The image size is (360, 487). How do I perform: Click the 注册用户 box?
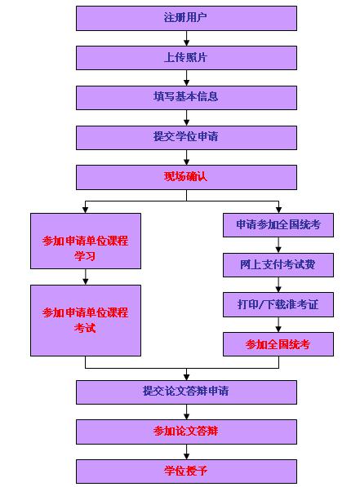[185, 18]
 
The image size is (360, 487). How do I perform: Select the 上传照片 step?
[185, 57]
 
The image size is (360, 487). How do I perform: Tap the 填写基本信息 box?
[185, 97]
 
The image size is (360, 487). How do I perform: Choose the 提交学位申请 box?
[185, 137]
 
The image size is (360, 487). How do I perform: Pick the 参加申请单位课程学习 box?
[85, 241]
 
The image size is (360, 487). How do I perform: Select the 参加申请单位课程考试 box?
[85, 320]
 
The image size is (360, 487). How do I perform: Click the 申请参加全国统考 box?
[278, 225]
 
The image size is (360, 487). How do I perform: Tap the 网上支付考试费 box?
[278, 265]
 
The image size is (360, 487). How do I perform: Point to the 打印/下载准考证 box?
[278, 305]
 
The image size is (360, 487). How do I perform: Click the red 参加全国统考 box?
[278, 344]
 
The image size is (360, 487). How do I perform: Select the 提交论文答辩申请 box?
[185, 392]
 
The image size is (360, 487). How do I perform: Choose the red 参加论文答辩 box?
[185, 432]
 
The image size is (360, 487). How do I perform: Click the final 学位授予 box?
[185, 472]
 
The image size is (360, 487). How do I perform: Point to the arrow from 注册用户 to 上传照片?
[186, 38]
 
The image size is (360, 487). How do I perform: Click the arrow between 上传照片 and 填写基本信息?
[186, 77]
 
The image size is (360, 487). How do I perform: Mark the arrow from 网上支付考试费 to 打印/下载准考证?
[278, 286]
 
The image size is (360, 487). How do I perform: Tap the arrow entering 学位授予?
[186, 452]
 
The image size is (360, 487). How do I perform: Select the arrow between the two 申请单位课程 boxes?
[85, 277]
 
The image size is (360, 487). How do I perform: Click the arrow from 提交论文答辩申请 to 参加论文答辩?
[186, 412]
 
